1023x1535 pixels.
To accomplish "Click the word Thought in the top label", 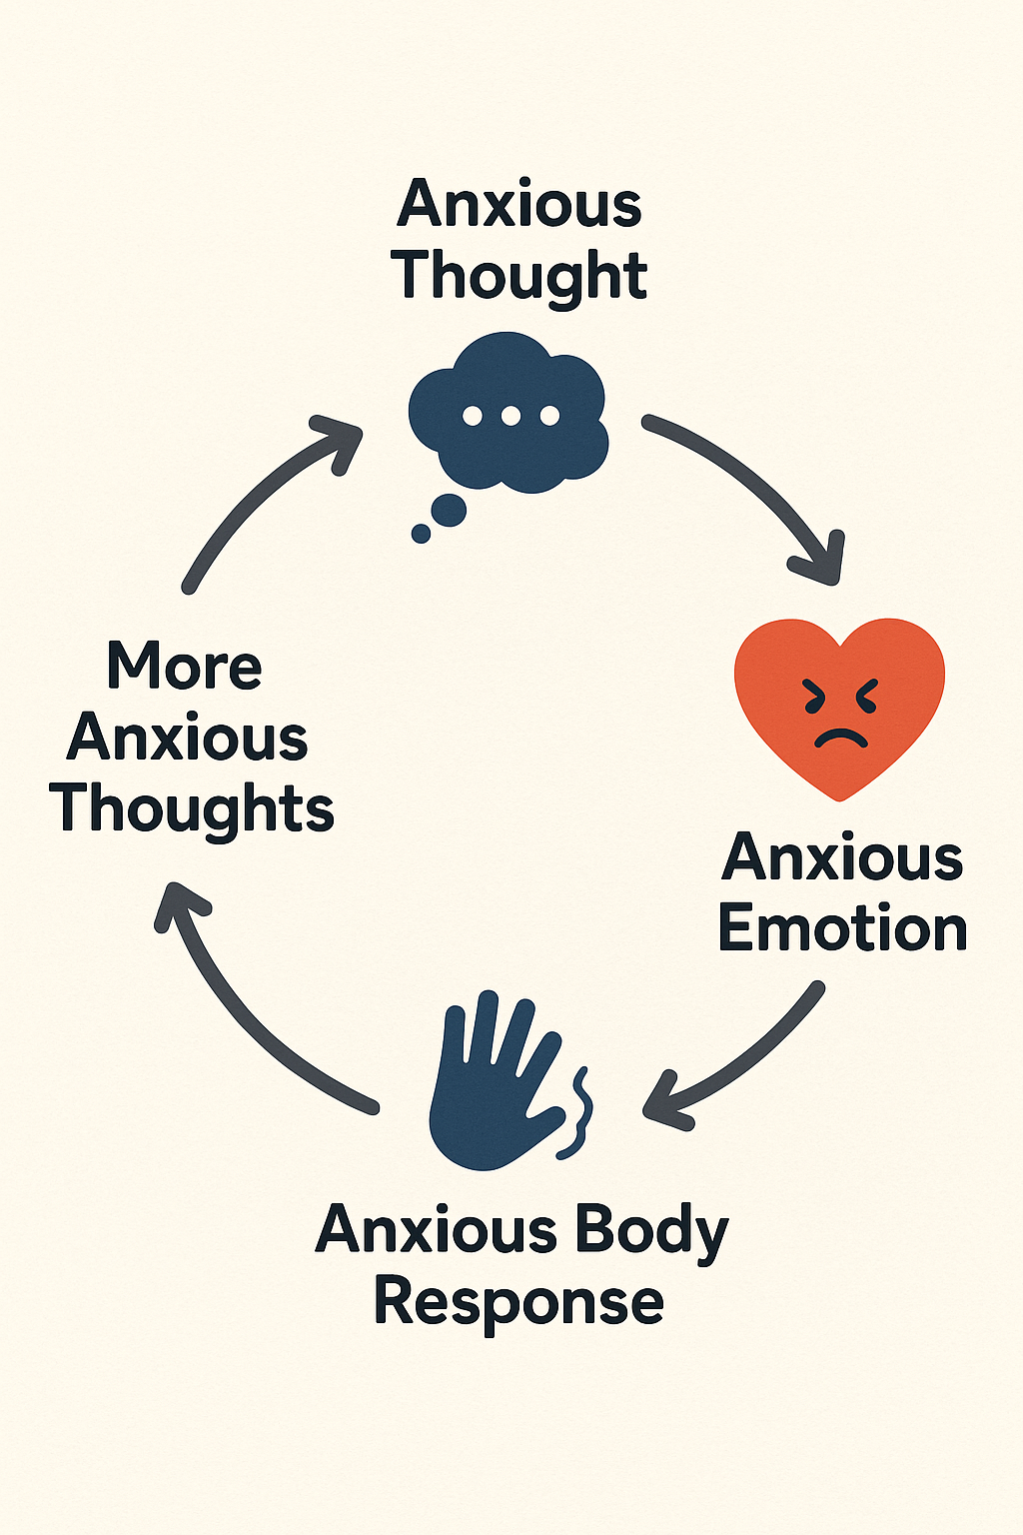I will click(519, 274).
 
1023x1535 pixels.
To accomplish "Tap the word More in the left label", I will click(185, 667).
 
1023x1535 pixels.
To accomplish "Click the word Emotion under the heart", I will click(842, 929).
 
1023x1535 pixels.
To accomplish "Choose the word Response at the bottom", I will click(518, 1302).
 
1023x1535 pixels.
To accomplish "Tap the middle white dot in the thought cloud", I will click(511, 416).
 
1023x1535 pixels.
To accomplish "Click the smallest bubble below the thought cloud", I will click(422, 534).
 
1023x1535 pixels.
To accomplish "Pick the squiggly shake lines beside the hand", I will click(577, 1114).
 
